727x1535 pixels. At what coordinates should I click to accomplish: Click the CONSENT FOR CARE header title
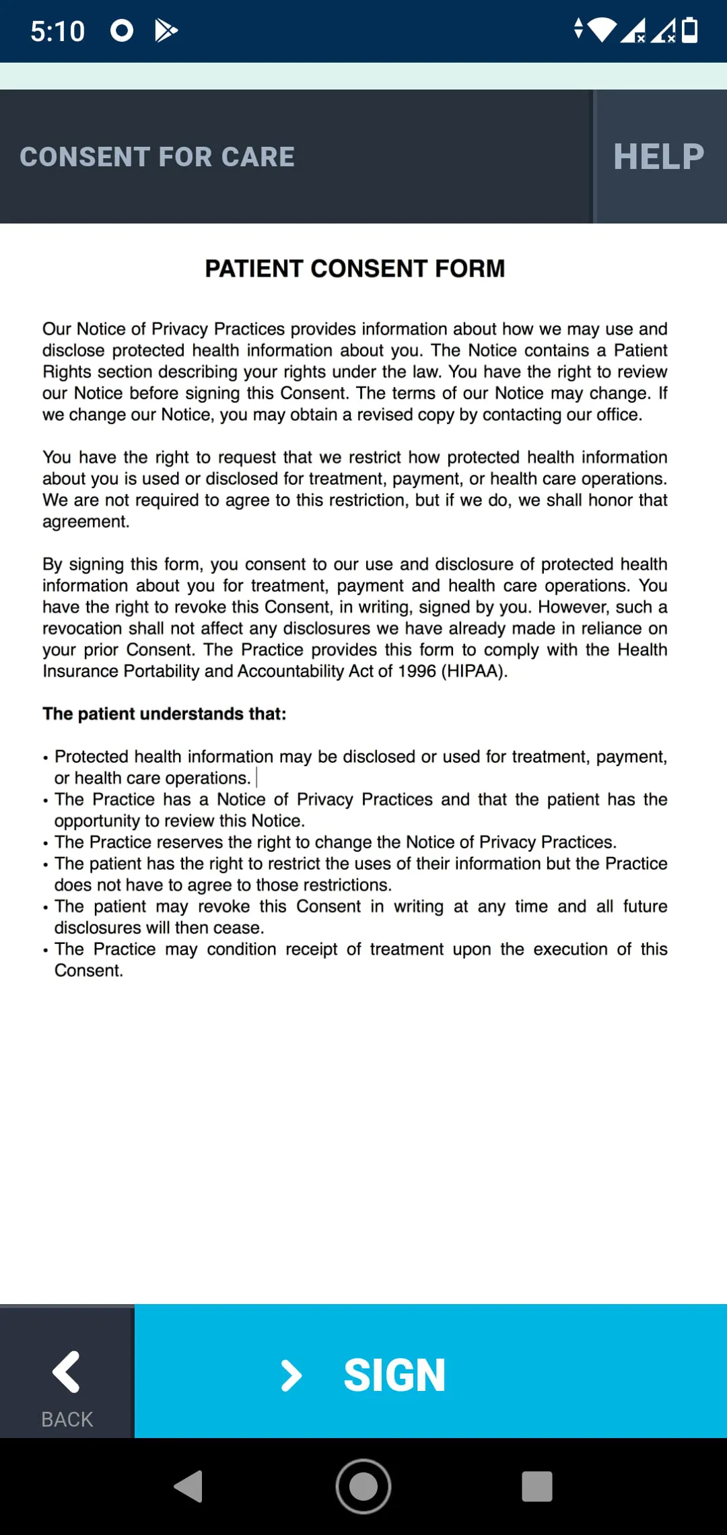157,157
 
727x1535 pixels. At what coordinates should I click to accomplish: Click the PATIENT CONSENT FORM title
355,269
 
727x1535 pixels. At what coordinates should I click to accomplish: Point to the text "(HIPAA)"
474,671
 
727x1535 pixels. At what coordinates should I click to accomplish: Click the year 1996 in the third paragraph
417,671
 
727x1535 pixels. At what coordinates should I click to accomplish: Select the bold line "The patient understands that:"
164,714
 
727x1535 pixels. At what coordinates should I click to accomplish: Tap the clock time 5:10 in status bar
58,31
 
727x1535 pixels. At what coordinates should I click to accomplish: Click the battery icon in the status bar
690,30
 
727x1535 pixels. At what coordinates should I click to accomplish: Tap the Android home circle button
363,1486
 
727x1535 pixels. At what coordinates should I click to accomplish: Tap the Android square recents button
536,1486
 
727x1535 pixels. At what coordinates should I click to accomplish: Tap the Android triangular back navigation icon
189,1486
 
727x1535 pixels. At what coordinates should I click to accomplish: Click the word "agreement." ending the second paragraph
85,522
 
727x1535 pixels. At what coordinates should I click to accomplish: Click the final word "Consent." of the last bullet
88,971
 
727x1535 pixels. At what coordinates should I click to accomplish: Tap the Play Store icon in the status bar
166,30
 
